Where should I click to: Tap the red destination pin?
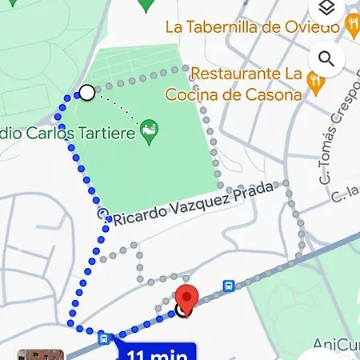[x=186, y=297]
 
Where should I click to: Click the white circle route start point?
[x=87, y=94]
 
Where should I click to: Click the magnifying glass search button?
[x=326, y=58]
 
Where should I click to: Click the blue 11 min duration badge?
[x=157, y=352]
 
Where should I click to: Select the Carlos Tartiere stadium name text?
[x=68, y=132]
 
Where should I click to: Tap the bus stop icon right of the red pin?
[x=228, y=285]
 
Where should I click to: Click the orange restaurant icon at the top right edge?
[x=354, y=27]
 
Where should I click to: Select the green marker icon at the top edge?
[x=146, y=5]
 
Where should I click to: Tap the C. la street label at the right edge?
[x=349, y=192]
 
